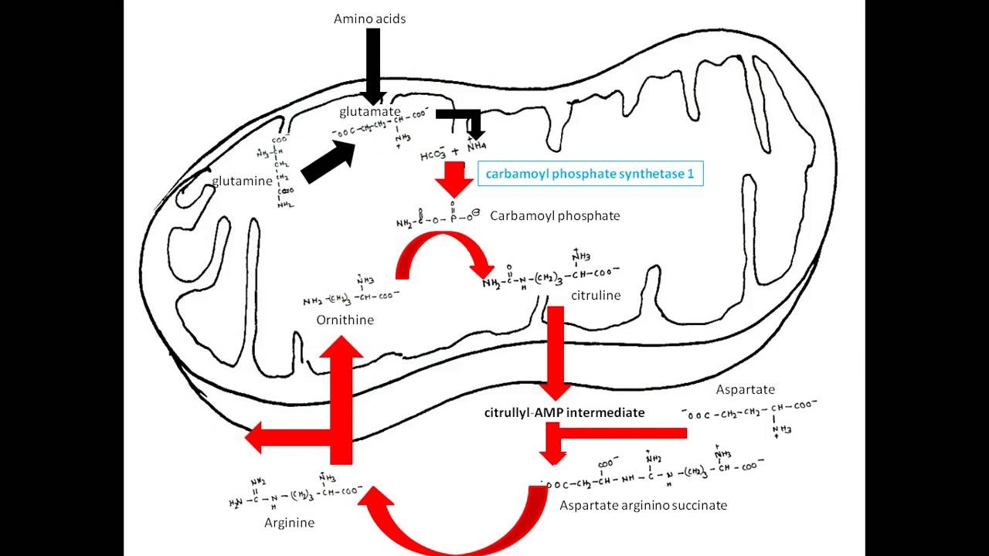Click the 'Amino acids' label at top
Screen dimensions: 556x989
click(369, 19)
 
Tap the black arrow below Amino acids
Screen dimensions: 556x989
click(373, 66)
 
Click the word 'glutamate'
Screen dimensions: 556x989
click(370, 112)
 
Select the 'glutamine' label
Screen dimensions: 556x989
click(242, 181)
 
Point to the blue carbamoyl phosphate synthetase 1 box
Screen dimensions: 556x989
click(590, 174)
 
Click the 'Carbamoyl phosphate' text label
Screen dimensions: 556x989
click(555, 215)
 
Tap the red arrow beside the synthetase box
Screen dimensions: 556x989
click(454, 181)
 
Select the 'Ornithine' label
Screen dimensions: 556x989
click(345, 320)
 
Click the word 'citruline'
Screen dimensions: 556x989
click(596, 296)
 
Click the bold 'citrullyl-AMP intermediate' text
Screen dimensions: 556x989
click(564, 412)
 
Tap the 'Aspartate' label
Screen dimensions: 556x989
click(745, 390)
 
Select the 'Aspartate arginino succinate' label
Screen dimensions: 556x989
click(643, 506)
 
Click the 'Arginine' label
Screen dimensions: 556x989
click(289, 523)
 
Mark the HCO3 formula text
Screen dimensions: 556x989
click(434, 154)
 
